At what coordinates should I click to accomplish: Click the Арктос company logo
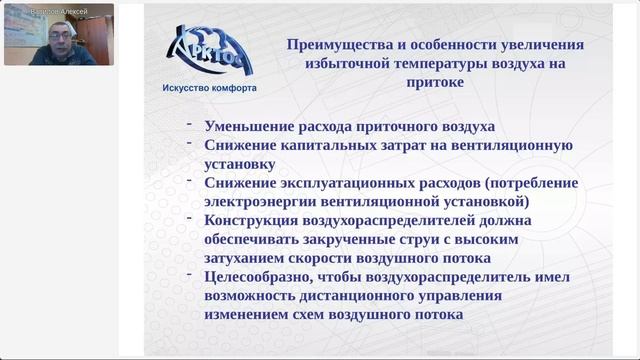coord(212,51)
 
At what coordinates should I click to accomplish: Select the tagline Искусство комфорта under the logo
coord(209,88)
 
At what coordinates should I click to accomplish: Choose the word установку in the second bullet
coord(240,163)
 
